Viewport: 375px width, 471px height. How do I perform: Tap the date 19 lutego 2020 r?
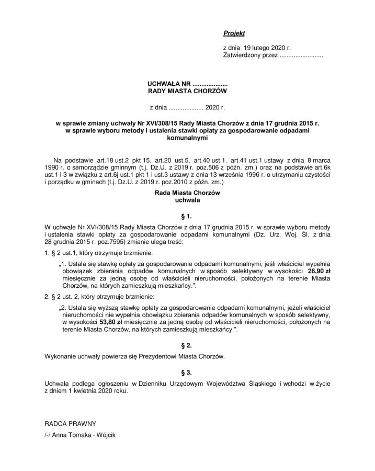point(265,48)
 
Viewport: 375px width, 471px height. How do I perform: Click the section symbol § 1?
point(188,216)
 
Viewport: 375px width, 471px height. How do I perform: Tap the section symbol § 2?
point(188,346)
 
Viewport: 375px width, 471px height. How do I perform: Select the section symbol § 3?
point(188,372)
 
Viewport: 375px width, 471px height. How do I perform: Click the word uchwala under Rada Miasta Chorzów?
point(188,200)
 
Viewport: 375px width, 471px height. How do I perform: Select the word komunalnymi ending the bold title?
point(188,139)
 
